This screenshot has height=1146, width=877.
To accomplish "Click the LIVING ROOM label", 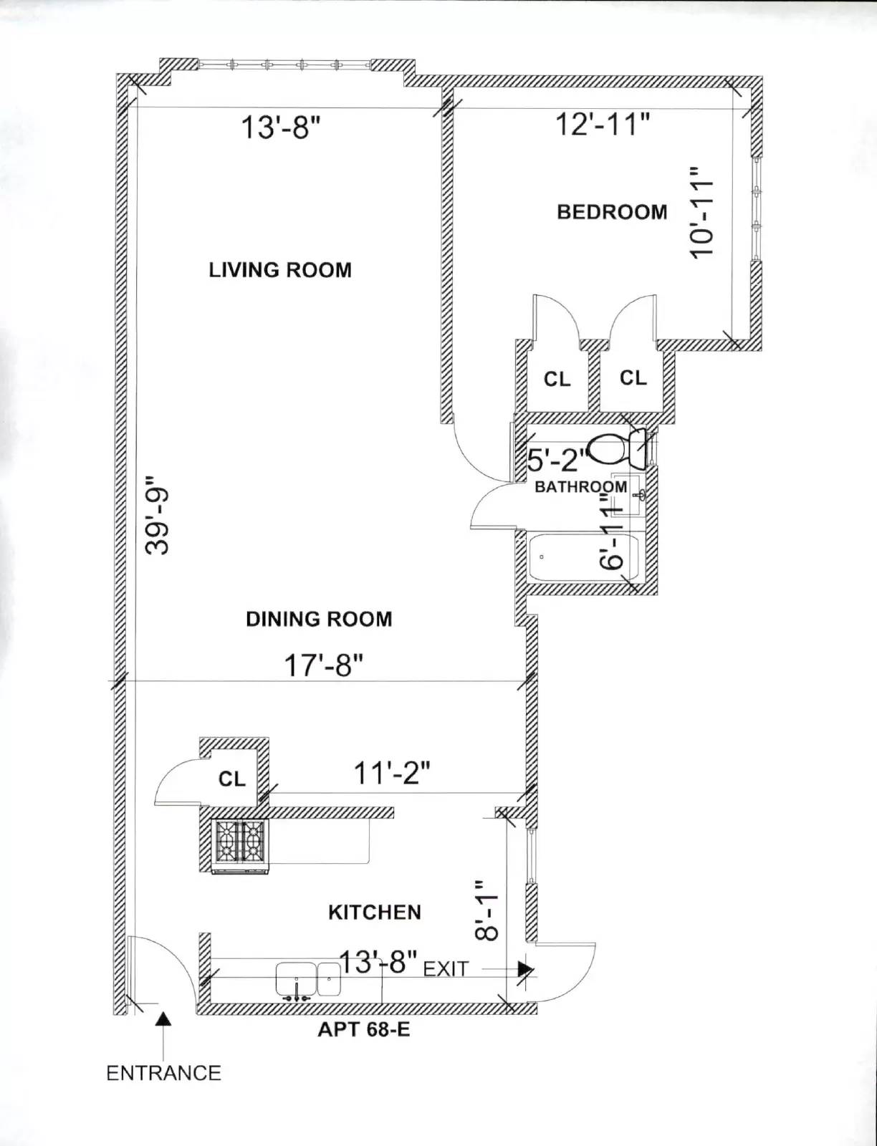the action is click(x=280, y=270).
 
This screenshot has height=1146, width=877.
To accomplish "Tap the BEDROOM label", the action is click(x=612, y=212).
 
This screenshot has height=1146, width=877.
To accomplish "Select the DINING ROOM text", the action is click(x=319, y=620).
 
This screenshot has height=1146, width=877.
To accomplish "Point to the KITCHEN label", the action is click(x=375, y=913).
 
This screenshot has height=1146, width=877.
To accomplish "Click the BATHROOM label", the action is click(x=581, y=486).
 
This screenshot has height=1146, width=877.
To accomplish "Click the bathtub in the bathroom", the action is click(x=583, y=557).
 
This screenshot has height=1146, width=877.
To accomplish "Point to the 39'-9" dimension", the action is click(x=157, y=515).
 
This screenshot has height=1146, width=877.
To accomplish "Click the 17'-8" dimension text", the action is click(x=323, y=665).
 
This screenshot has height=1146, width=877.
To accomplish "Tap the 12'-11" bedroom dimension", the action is click(x=603, y=125).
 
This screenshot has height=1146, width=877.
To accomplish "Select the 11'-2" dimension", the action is click(x=392, y=774).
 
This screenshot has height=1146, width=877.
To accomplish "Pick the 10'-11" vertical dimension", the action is click(x=701, y=212).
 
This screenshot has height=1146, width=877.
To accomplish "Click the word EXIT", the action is click(x=446, y=970).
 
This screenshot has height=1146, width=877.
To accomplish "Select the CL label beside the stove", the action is click(x=232, y=779).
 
